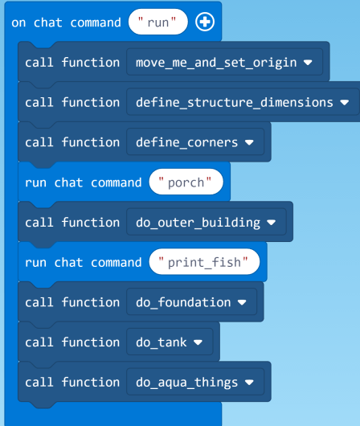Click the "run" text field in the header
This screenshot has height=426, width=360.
[x=158, y=23]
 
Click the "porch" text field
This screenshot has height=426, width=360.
[x=186, y=182]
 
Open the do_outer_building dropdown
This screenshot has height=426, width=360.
[x=205, y=222]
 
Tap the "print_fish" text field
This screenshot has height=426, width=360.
[x=208, y=262]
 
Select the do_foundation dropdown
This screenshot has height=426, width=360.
[x=191, y=302]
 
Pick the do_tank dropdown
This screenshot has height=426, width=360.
[x=169, y=342]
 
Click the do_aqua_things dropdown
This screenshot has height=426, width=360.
[x=194, y=382]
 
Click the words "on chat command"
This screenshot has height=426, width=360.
[x=66, y=23]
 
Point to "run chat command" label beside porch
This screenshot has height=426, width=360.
[x=83, y=182]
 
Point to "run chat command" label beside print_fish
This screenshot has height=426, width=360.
[x=83, y=262]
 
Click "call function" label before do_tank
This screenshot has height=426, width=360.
[x=72, y=342]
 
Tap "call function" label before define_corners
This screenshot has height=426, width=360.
[x=72, y=142]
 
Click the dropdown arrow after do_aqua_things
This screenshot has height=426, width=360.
[x=249, y=383]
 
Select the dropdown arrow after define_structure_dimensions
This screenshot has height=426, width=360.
[x=344, y=103]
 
